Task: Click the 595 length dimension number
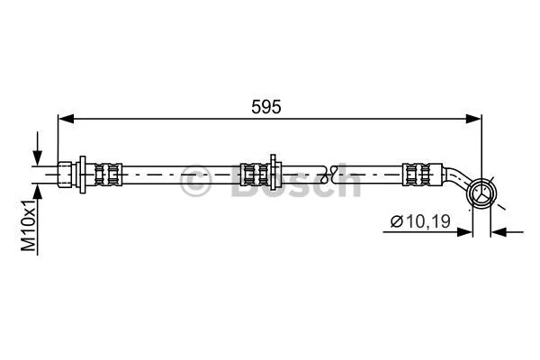click(x=267, y=106)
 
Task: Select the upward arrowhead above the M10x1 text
click(x=37, y=190)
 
